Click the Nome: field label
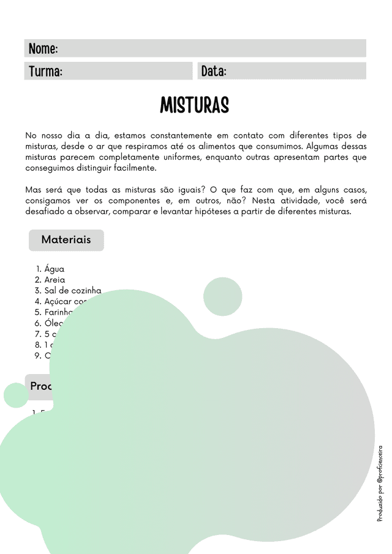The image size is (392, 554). (43, 49)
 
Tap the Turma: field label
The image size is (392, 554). (45, 72)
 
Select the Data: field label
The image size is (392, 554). (214, 72)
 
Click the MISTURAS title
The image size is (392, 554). (195, 105)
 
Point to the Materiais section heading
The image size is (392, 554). (66, 239)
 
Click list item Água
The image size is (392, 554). (54, 269)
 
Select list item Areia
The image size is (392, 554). (55, 280)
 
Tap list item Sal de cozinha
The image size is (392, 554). (72, 291)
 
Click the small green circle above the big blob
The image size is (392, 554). (223, 297)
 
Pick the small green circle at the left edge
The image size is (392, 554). (16, 395)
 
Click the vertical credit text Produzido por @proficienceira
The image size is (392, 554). (380, 483)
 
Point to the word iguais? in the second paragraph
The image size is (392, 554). (186, 190)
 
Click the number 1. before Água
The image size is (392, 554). (38, 269)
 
